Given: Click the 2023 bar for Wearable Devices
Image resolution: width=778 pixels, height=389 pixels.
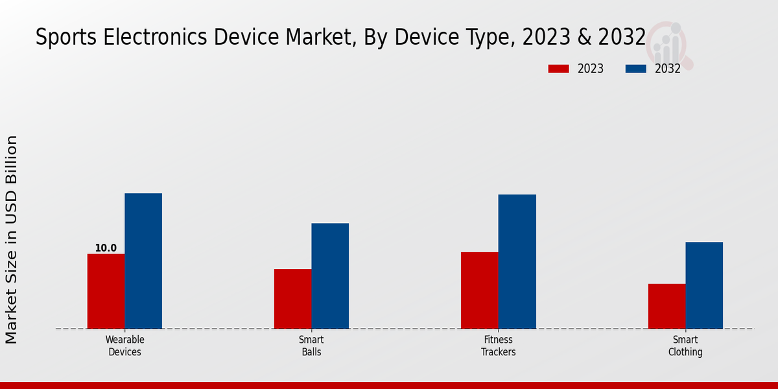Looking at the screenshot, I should pyautogui.click(x=106, y=291).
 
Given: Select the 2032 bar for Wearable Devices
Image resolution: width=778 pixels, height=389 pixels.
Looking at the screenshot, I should pyautogui.click(x=143, y=261).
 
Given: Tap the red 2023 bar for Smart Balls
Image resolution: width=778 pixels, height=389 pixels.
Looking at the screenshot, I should pyautogui.click(x=292, y=299).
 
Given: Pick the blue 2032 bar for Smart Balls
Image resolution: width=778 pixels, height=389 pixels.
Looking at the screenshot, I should pyautogui.click(x=330, y=276).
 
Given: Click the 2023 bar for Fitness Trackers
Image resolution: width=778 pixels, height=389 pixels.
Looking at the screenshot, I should pyautogui.click(x=480, y=290).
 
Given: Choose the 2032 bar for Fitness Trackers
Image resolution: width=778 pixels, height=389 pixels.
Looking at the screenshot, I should pyautogui.click(x=517, y=261).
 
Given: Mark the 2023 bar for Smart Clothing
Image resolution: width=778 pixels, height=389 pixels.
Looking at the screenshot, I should pyautogui.click(x=666, y=306).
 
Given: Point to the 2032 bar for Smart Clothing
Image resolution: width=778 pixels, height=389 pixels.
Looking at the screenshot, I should pyautogui.click(x=704, y=285).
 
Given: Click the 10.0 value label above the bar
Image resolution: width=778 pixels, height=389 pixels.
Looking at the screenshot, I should pyautogui.click(x=106, y=248).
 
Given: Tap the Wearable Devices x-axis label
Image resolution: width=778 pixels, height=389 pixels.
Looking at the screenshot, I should pyautogui.click(x=124, y=346).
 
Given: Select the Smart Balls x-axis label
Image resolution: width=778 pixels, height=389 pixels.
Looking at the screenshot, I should pyautogui.click(x=311, y=346).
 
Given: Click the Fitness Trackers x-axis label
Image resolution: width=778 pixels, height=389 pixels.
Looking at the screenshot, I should pyautogui.click(x=499, y=346).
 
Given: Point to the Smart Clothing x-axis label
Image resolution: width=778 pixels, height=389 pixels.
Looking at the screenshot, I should pyautogui.click(x=685, y=346).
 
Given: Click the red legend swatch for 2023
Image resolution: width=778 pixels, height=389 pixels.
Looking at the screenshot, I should pyautogui.click(x=558, y=69).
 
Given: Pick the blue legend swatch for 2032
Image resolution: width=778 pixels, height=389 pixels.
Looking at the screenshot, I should pyautogui.click(x=636, y=69).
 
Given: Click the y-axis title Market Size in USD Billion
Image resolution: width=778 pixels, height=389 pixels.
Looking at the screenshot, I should pyautogui.click(x=12, y=240).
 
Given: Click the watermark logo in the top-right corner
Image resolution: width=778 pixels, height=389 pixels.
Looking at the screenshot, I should pyautogui.click(x=670, y=44).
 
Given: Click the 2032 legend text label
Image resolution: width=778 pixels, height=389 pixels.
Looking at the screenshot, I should pyautogui.click(x=667, y=69).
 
